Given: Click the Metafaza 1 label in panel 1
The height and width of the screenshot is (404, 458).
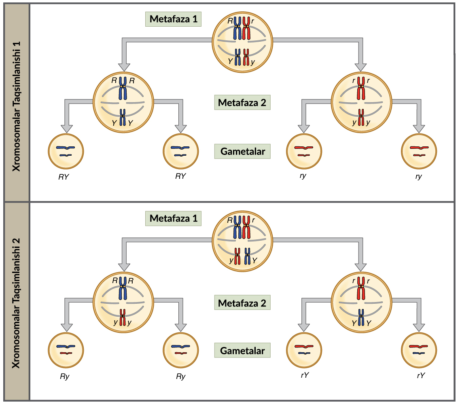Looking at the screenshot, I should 174,19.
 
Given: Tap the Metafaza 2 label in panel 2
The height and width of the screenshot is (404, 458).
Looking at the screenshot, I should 242,303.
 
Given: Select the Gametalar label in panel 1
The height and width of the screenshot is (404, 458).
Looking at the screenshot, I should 242,151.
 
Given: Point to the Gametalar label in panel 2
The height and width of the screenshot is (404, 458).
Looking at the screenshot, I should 242,350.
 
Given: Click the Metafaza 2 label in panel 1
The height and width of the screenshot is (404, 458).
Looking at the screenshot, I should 242,103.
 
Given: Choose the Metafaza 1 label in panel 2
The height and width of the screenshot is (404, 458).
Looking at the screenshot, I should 174,218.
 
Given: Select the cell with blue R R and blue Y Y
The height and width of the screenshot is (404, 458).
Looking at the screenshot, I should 123,102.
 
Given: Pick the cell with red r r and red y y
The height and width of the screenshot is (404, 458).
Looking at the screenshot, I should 361,102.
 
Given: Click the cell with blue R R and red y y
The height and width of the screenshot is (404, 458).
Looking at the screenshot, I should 123,302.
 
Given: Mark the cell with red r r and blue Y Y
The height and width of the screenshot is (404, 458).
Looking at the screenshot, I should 361,302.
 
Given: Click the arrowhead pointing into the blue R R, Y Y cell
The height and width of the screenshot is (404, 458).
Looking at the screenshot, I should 125,66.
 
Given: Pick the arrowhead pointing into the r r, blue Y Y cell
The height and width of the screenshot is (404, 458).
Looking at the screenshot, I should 360,265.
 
